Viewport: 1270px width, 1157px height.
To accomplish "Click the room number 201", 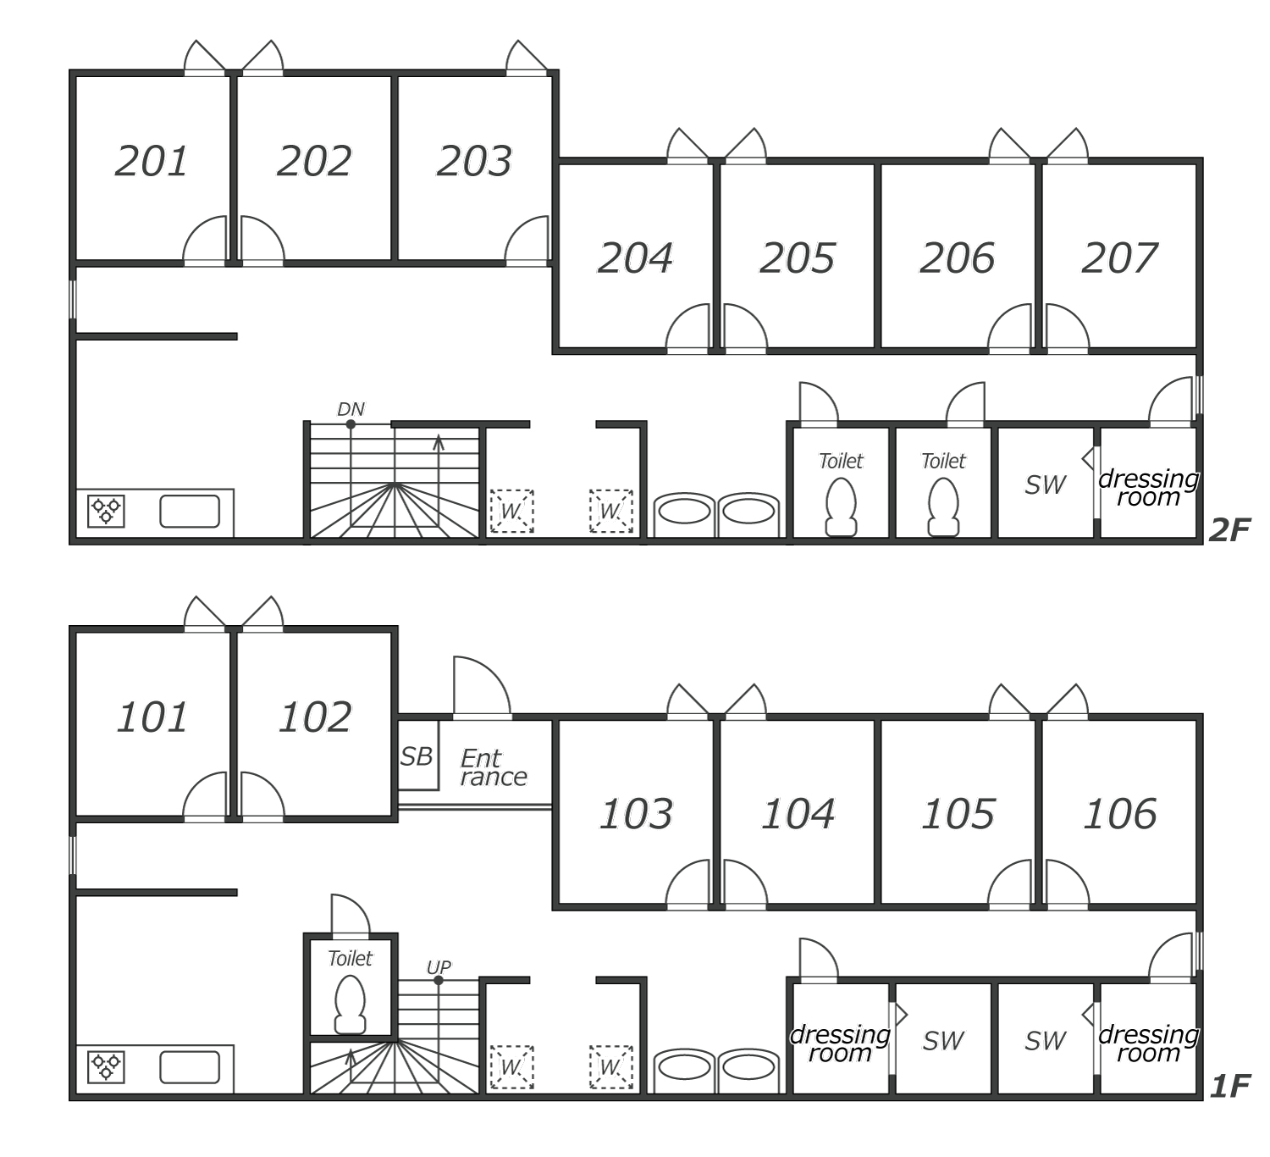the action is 152,161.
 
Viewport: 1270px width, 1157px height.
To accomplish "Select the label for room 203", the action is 474,161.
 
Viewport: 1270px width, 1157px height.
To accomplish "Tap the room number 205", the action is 798,257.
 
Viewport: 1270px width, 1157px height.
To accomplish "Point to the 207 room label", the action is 1120,257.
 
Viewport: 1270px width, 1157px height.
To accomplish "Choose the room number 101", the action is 152,717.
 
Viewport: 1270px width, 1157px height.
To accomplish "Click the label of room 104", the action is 798,814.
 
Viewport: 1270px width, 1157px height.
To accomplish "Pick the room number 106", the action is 1120,814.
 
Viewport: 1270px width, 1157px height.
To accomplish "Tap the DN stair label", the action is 351,409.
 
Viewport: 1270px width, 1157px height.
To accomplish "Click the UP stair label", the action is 439,967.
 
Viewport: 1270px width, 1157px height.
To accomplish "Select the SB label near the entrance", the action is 417,756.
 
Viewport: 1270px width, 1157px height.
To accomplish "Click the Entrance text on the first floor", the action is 494,767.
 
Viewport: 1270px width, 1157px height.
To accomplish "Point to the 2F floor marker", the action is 1229,530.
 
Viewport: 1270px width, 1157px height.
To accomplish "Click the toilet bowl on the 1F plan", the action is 351,1005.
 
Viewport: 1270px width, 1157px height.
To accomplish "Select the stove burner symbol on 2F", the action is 106,511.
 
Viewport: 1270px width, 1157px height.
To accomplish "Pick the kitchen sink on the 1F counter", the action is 190,1067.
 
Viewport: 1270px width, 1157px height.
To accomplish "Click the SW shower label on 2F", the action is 1046,485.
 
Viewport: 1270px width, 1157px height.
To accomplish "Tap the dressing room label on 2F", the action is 1148,488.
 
